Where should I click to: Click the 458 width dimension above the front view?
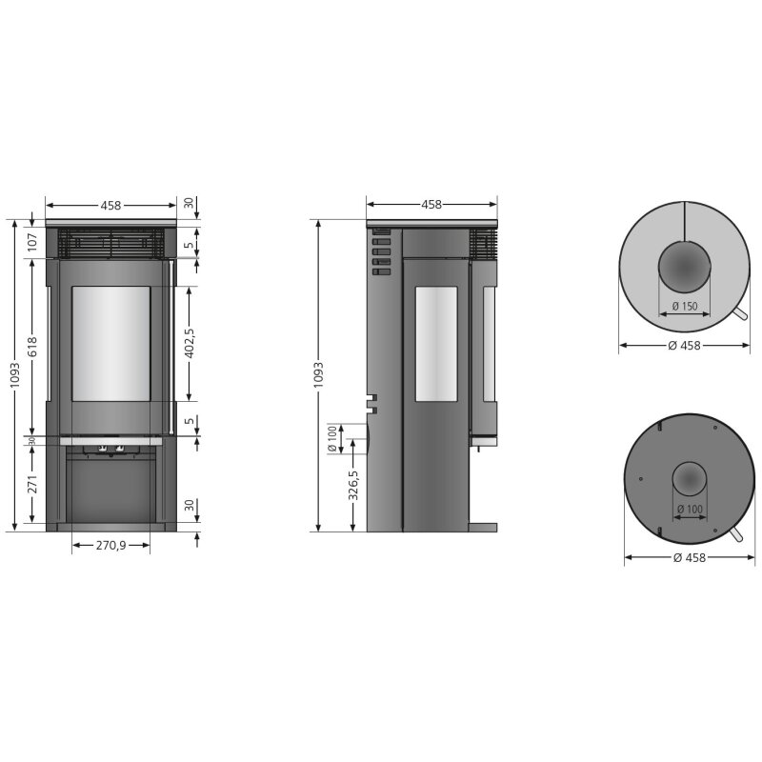[x=110, y=205]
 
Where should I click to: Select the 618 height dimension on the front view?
[x=31, y=347]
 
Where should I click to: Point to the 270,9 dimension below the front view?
[x=110, y=545]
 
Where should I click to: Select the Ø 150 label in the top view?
[x=684, y=306]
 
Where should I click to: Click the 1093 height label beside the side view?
[x=318, y=375]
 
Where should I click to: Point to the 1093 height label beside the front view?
[x=14, y=375]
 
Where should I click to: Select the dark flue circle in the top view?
[x=683, y=267]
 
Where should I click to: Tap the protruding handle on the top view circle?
[x=741, y=316]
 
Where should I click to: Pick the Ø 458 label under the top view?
[x=685, y=346]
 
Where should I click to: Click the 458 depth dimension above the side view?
[x=431, y=205]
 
